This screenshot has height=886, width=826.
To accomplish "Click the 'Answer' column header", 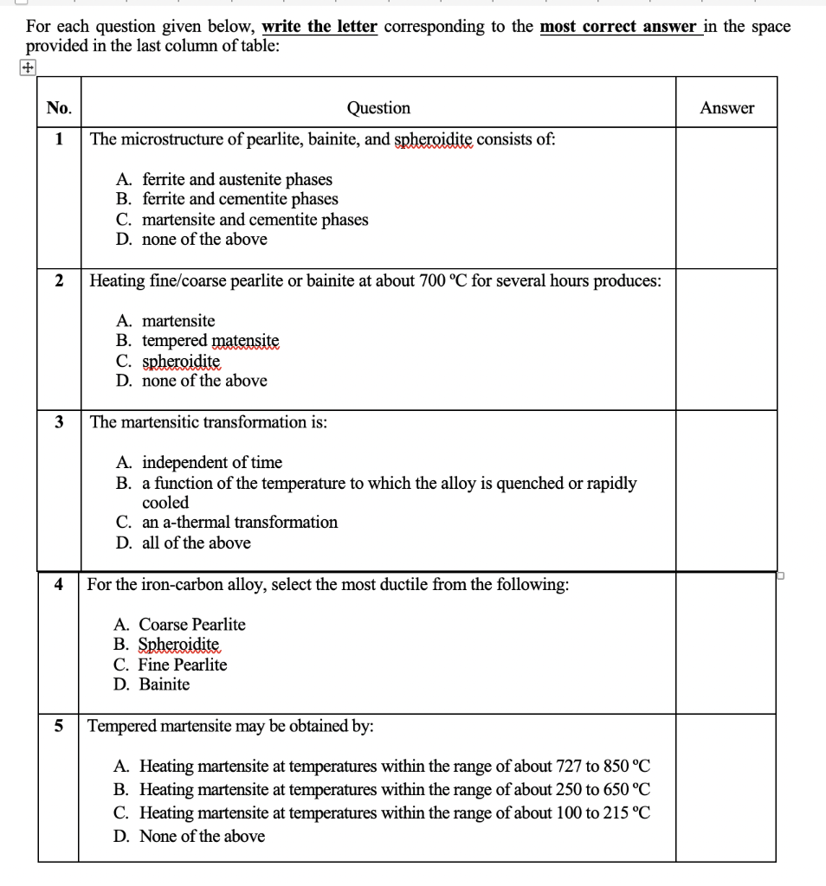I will (726, 108).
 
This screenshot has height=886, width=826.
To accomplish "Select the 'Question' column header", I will (378, 108).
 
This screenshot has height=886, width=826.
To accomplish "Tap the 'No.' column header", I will (59, 108).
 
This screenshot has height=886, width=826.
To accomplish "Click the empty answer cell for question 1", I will (726, 197).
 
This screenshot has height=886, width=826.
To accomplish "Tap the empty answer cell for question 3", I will (726, 490).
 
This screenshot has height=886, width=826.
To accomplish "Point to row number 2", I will (59, 280).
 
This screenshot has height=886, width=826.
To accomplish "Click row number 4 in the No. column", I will (59, 585).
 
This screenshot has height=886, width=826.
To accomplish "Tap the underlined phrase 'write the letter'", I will (319, 26).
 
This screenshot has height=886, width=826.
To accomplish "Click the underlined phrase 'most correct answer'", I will (620, 26).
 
